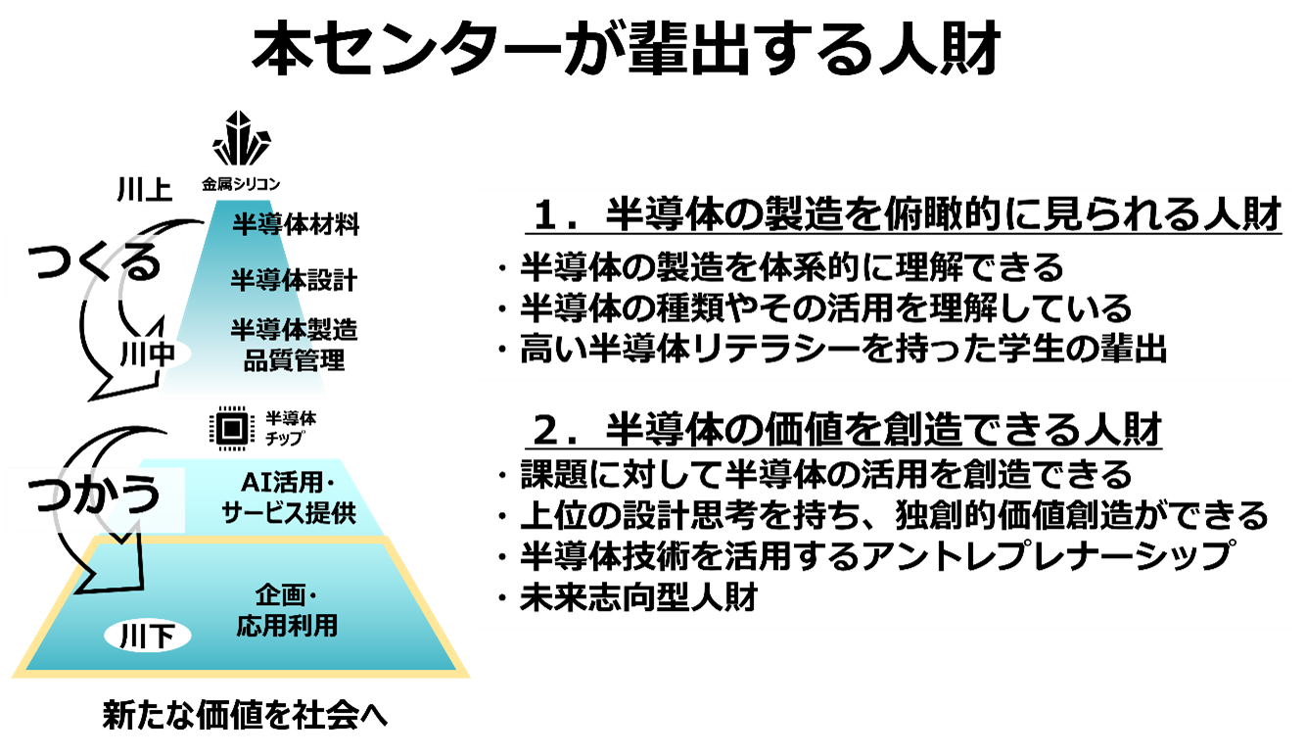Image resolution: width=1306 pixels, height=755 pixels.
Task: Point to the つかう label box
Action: click(95, 498)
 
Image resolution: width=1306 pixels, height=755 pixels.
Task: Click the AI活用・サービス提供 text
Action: click(287, 497)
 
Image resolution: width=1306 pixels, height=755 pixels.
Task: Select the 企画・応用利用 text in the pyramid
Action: click(287, 611)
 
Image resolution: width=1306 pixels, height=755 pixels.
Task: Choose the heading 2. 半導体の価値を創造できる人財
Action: click(847, 429)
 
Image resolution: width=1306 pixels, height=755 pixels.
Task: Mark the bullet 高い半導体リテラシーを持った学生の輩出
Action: click(843, 350)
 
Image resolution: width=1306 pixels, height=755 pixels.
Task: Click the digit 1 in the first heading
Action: click(545, 216)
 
